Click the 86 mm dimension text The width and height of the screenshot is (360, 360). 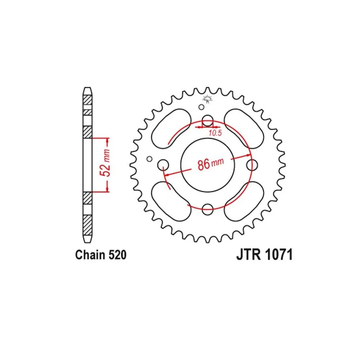coord(211,164)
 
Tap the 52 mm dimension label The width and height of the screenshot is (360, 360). coord(105,162)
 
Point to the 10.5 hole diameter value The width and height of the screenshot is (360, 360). coord(215,133)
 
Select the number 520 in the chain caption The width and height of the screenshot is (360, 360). coord(117,255)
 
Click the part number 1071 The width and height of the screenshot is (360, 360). coord(279,255)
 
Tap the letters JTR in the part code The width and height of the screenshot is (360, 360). coord(249,255)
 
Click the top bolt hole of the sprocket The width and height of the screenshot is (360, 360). coord(208,121)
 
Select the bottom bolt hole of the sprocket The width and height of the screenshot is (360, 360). coord(207,209)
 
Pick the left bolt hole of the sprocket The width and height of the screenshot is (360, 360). coord(163,165)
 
